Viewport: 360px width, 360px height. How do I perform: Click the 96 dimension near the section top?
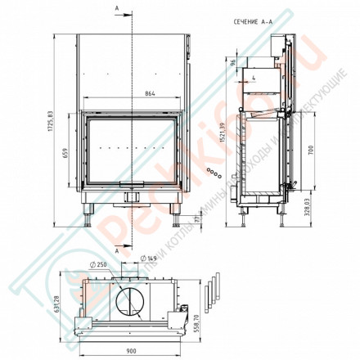232,62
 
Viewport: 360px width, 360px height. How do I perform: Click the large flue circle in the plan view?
131,301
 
